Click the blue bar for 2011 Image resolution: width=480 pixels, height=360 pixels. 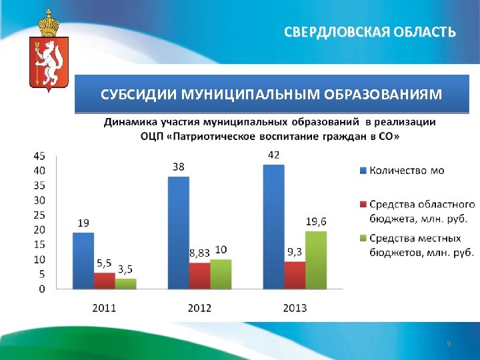tap(83, 261)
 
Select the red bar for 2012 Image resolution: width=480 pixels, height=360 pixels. tap(199, 275)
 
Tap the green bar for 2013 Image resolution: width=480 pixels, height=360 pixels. tap(316, 260)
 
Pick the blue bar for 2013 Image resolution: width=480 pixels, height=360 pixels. tap(273, 227)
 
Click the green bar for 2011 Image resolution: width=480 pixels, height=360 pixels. tap(125, 283)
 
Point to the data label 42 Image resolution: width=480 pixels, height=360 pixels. tap(273, 155)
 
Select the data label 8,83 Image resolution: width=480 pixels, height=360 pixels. tap(199, 253)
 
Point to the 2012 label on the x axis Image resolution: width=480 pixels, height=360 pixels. tap(199, 308)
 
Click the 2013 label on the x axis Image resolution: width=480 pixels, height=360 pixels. tap(295, 308)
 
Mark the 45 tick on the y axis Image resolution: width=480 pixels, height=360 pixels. tap(39, 156)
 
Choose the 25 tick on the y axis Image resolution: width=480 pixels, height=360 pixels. tap(39, 215)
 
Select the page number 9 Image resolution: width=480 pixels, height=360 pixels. tap(449, 343)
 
